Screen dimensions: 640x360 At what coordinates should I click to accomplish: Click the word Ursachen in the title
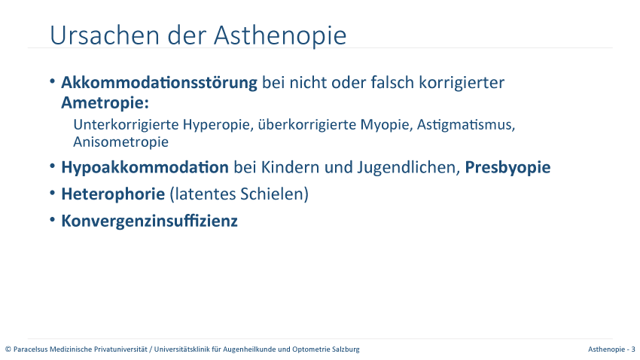tap(105, 35)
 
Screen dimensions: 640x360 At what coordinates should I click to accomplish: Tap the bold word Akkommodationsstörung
tap(159, 82)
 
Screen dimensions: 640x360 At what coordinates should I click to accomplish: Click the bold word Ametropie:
tap(105, 103)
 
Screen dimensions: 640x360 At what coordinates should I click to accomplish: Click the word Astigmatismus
tap(466, 125)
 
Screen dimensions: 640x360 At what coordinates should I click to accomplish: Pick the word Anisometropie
tap(120, 142)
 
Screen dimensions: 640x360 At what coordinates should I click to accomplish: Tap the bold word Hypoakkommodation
tap(145, 168)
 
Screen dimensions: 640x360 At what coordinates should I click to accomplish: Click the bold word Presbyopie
tap(507, 168)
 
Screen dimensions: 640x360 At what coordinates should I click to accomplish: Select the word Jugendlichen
tap(409, 168)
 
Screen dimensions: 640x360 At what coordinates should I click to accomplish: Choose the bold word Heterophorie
tap(113, 194)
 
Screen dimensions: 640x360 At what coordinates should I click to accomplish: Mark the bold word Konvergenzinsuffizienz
tap(149, 221)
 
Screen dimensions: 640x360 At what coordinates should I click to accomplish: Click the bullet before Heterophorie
tap(52, 193)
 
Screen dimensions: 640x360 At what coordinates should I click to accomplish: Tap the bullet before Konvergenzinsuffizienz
tap(52, 220)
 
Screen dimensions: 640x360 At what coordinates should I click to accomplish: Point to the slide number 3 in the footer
tap(633, 349)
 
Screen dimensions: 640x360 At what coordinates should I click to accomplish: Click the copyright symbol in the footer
tap(8, 349)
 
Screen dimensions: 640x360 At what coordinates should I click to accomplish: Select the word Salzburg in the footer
tap(347, 349)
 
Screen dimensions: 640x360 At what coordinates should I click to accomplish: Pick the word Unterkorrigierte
tap(126, 124)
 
